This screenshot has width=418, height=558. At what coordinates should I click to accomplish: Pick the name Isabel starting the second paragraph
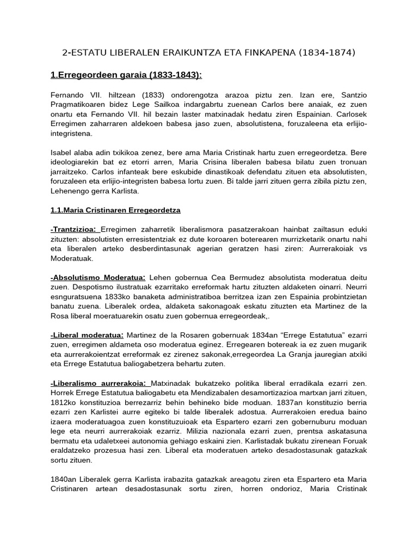(x=61, y=153)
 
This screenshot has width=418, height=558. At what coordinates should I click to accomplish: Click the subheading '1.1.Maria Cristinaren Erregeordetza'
(x=115, y=210)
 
